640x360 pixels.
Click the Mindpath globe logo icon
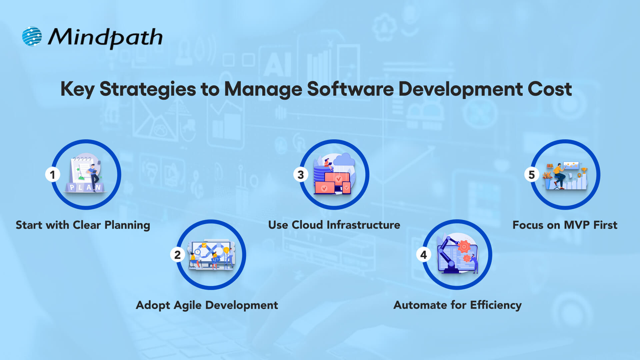point(32,36)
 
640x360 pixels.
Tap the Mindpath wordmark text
point(105,37)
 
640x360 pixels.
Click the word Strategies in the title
point(148,90)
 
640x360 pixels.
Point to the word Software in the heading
point(350,89)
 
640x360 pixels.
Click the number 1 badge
point(52,175)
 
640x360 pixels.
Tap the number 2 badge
point(177,255)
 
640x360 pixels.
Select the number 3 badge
point(301,175)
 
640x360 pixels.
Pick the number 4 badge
point(424,255)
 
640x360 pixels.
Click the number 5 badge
point(532,175)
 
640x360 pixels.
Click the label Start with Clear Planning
point(83,225)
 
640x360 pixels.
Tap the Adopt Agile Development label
point(207,305)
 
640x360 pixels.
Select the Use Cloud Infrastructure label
point(334,225)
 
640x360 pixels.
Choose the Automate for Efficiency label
point(457,305)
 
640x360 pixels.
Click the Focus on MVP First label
point(565,225)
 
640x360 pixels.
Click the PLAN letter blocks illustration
point(85,187)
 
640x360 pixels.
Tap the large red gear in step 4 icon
point(464,247)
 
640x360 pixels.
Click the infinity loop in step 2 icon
point(211,250)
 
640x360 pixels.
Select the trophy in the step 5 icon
point(584,171)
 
